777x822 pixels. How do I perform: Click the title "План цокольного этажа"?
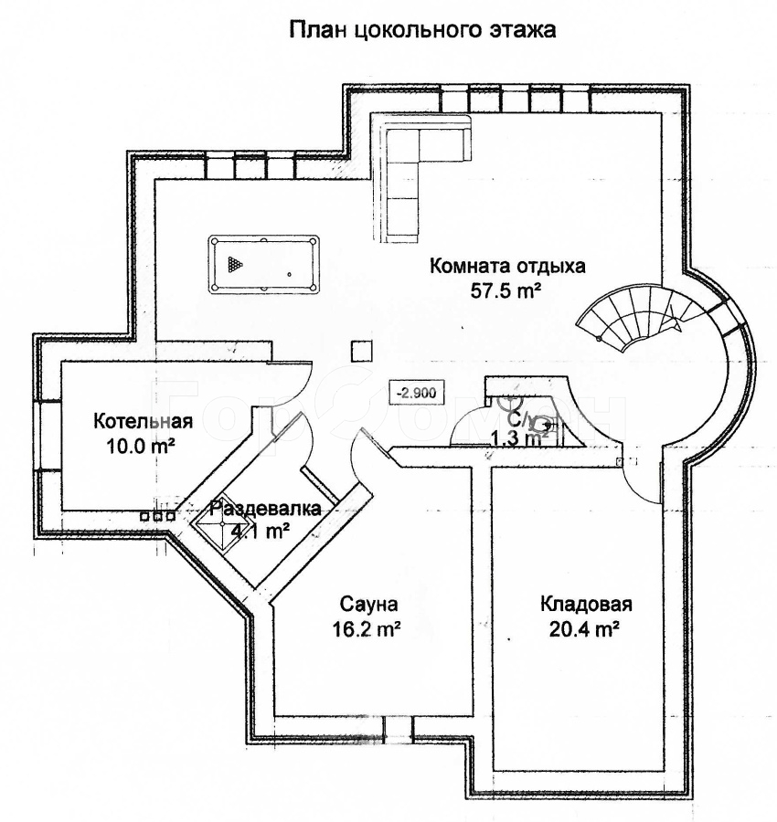[422, 30]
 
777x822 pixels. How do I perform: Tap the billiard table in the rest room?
[264, 265]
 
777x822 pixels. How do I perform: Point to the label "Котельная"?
[143, 421]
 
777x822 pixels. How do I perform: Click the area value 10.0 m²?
[142, 446]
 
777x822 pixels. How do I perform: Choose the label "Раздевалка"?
[265, 510]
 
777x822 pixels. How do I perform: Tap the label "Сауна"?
[369, 605]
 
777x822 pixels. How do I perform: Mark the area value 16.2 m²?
[369, 629]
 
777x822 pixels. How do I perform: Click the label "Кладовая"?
[586, 604]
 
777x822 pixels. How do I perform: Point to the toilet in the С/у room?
[545, 423]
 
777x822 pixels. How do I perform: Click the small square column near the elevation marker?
[362, 350]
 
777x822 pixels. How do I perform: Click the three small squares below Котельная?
[157, 516]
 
